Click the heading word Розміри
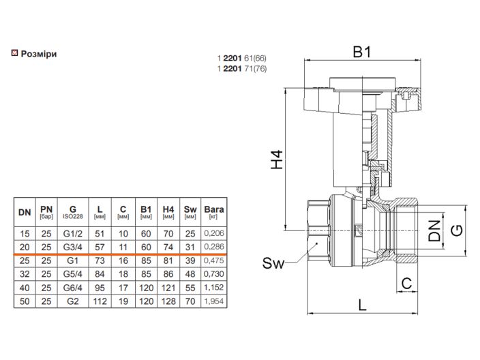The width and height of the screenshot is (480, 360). click(39, 54)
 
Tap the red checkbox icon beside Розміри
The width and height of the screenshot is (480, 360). click(15, 53)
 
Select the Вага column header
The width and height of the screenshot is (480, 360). click(214, 212)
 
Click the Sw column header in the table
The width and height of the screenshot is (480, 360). click(190, 212)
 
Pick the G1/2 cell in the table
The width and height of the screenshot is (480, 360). click(73, 234)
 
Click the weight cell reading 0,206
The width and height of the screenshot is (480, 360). click(214, 233)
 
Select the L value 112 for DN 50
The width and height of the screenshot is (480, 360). click(100, 301)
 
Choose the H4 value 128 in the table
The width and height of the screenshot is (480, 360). click(168, 301)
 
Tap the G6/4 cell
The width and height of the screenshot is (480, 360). click(73, 288)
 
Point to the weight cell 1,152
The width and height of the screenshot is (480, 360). click(214, 288)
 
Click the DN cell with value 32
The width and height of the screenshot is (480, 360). click(25, 274)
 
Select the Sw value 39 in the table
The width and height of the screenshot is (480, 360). click(190, 260)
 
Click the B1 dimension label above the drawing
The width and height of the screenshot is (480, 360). click(362, 52)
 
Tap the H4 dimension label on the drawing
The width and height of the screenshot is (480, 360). click(277, 160)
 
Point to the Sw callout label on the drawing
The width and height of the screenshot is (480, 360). click(273, 263)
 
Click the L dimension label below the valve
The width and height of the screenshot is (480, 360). click(363, 305)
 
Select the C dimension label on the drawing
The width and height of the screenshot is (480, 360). click(406, 284)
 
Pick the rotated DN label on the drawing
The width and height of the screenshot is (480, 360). click(434, 231)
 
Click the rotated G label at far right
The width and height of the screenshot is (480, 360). click(457, 230)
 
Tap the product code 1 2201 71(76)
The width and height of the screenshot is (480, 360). click(242, 69)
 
